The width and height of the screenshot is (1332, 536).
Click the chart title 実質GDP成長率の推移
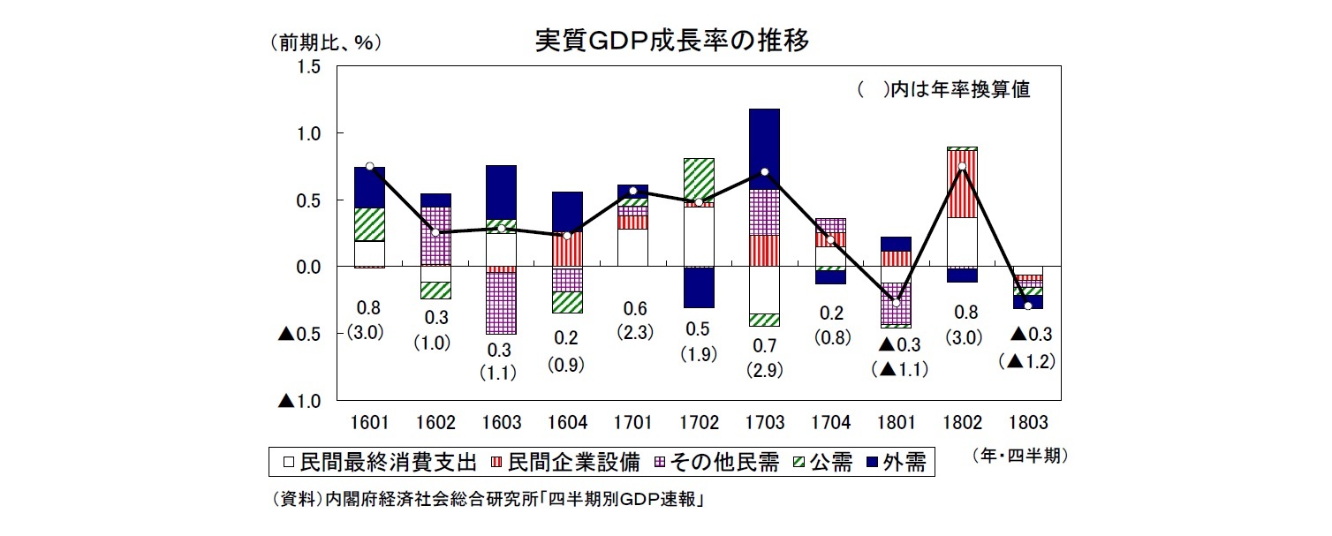click(671, 42)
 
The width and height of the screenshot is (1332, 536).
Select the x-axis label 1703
click(765, 423)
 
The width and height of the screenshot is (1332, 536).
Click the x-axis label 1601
click(369, 423)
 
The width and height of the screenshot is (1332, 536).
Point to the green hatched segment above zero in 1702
click(699, 179)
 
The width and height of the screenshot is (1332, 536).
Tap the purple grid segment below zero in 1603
click(501, 303)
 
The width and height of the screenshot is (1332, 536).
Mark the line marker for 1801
click(897, 303)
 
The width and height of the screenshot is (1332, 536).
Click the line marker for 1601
click(369, 166)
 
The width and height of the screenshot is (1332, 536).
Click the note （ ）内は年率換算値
click(942, 90)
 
